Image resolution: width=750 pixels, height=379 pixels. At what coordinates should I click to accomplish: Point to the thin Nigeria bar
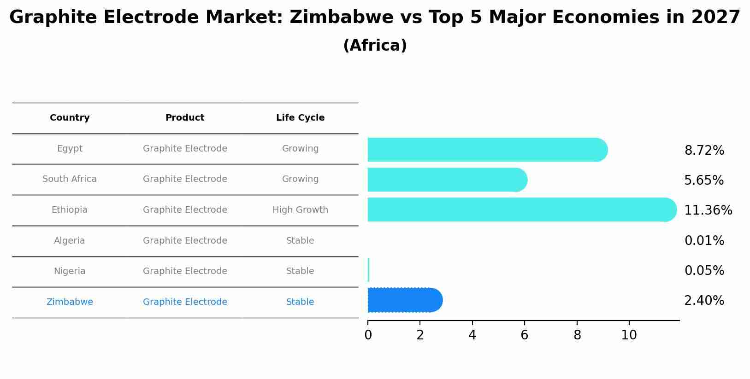[369, 270]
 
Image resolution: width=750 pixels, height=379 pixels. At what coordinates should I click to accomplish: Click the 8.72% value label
[704, 151]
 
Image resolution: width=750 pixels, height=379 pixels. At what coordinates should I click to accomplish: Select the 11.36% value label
[708, 210]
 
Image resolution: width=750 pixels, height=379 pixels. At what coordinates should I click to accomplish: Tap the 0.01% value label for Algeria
[704, 241]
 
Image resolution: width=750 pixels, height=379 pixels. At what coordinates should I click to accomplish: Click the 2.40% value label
[704, 301]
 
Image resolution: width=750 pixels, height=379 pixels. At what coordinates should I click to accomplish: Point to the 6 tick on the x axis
[524, 335]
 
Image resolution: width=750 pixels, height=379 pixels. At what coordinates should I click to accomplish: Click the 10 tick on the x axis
[629, 335]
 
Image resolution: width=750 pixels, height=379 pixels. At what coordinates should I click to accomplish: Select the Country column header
[70, 118]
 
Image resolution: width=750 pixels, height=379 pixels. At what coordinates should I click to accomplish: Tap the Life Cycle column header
[300, 118]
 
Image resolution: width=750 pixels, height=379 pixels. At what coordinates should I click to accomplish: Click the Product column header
[185, 118]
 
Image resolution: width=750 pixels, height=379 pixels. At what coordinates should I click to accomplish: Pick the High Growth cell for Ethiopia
[300, 210]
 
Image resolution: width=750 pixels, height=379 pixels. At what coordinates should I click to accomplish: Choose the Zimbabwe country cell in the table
[70, 302]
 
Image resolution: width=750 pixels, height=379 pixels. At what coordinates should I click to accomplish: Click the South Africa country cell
[70, 179]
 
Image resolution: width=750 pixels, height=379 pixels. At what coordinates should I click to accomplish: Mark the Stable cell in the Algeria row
[300, 241]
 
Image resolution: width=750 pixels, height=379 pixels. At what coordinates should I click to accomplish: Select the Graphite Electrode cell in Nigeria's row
[185, 271]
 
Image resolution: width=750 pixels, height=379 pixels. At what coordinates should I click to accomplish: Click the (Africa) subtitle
[375, 46]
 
